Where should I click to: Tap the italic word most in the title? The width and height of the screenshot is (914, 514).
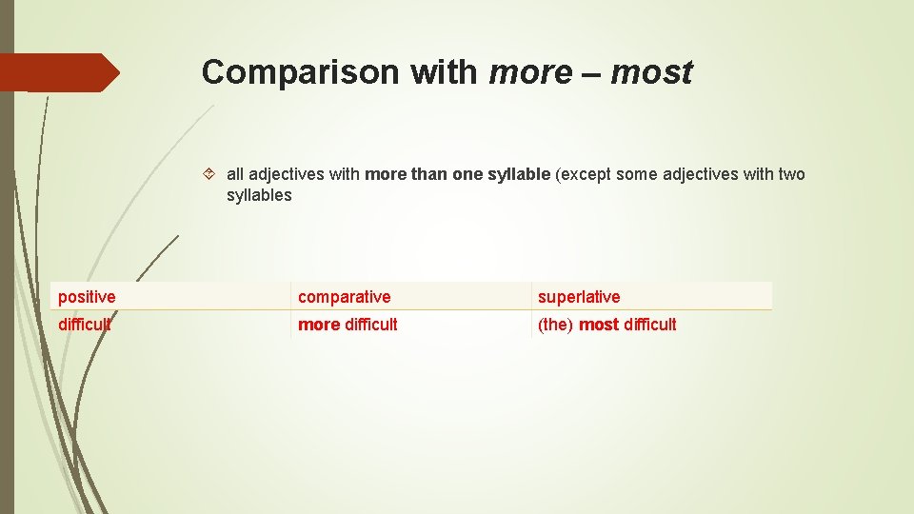652,72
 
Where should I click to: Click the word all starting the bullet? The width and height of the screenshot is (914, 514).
235,174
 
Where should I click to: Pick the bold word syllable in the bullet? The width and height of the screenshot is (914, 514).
519,174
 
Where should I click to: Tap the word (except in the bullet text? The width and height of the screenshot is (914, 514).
585,174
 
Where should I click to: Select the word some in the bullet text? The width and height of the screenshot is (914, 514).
637,174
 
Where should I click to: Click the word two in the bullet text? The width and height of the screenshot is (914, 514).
791,174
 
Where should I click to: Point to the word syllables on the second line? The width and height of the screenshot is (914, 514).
259,195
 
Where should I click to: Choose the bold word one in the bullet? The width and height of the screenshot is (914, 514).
467,174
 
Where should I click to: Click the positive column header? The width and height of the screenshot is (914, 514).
87,297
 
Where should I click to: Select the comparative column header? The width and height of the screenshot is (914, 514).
344,297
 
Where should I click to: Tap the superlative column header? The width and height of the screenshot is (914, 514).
579,297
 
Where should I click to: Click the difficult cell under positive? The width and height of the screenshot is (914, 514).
84,325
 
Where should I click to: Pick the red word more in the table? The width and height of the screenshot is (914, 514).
319,325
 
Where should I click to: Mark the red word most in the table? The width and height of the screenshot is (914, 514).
599,325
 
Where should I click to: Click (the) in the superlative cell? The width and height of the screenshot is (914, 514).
556,325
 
